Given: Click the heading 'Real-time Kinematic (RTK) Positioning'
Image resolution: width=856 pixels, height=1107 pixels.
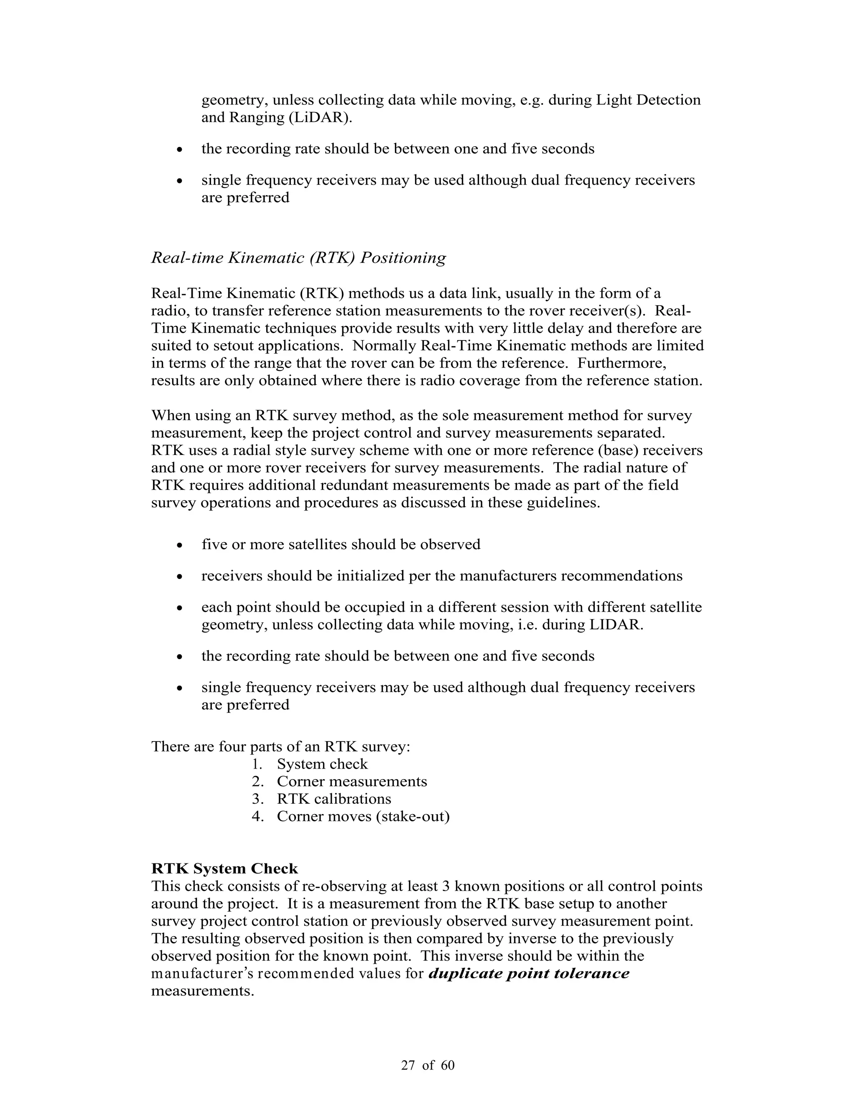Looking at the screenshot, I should click(x=299, y=258).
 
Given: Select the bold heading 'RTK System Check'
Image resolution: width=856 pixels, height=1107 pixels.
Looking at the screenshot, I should click(x=224, y=869).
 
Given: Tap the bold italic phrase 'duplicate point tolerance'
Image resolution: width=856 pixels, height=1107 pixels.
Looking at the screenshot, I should click(x=529, y=973).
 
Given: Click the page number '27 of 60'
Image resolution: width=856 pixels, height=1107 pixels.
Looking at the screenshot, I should click(x=428, y=1065).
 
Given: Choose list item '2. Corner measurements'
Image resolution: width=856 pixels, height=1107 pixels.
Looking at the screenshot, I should click(x=339, y=781).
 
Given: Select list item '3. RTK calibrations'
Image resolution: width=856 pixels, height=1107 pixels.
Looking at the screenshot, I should click(x=321, y=799).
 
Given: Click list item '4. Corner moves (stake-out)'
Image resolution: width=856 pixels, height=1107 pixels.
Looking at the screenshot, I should click(x=350, y=816).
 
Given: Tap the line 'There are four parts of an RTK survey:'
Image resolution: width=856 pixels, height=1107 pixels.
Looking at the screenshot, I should click(x=280, y=746).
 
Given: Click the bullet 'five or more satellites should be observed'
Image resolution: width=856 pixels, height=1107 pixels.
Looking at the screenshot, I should click(x=341, y=544).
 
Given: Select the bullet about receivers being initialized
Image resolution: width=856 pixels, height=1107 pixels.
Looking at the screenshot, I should click(x=442, y=576).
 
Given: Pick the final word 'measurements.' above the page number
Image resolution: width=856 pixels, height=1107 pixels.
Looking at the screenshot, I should click(x=202, y=991).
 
